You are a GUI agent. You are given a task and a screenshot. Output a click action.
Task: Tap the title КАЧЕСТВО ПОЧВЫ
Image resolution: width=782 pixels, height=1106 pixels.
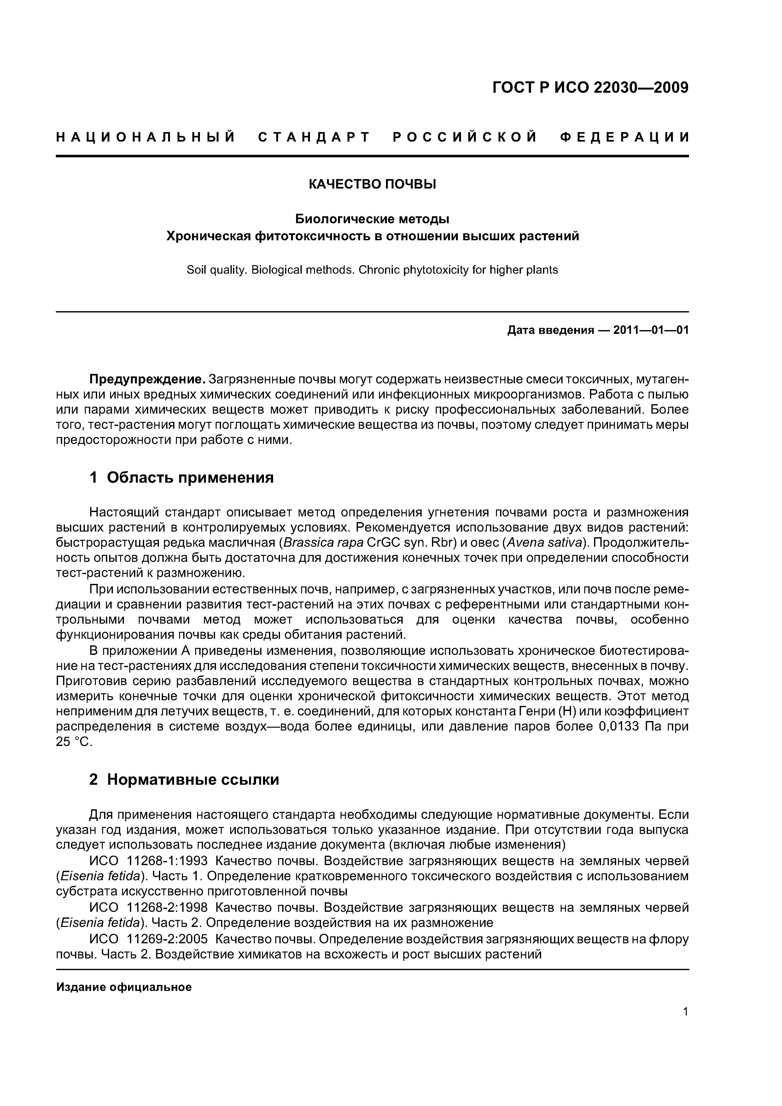(x=372, y=184)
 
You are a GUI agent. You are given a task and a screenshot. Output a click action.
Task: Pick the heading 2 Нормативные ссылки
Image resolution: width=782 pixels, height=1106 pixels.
(x=184, y=779)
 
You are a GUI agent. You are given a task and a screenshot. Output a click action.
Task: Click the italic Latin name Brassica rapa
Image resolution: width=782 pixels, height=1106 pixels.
(x=323, y=542)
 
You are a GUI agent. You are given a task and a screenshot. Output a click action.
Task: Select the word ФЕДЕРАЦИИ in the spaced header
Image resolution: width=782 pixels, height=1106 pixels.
(x=625, y=138)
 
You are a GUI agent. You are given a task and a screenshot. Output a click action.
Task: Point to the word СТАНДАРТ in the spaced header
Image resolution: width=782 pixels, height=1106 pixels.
(x=314, y=138)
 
